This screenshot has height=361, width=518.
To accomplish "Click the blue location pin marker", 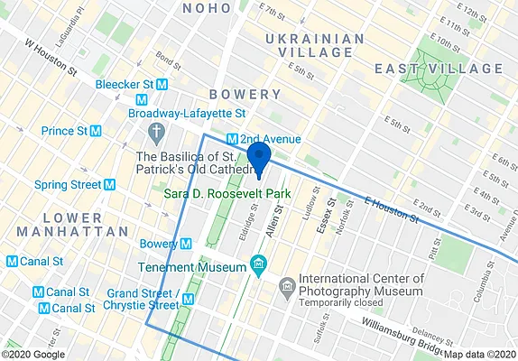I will tap(259, 157).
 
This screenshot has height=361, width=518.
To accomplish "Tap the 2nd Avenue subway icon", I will tap(232, 139).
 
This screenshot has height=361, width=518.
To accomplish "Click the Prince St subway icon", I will tap(94, 132).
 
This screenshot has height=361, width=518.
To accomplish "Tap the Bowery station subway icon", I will tap(185, 244).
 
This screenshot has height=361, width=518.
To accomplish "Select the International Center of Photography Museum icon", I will tap(288, 286).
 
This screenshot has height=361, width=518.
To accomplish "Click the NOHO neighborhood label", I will tap(206, 8).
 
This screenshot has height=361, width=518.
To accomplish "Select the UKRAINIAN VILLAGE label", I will tap(315, 45).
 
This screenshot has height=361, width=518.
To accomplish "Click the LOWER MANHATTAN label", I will tap(73, 225).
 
